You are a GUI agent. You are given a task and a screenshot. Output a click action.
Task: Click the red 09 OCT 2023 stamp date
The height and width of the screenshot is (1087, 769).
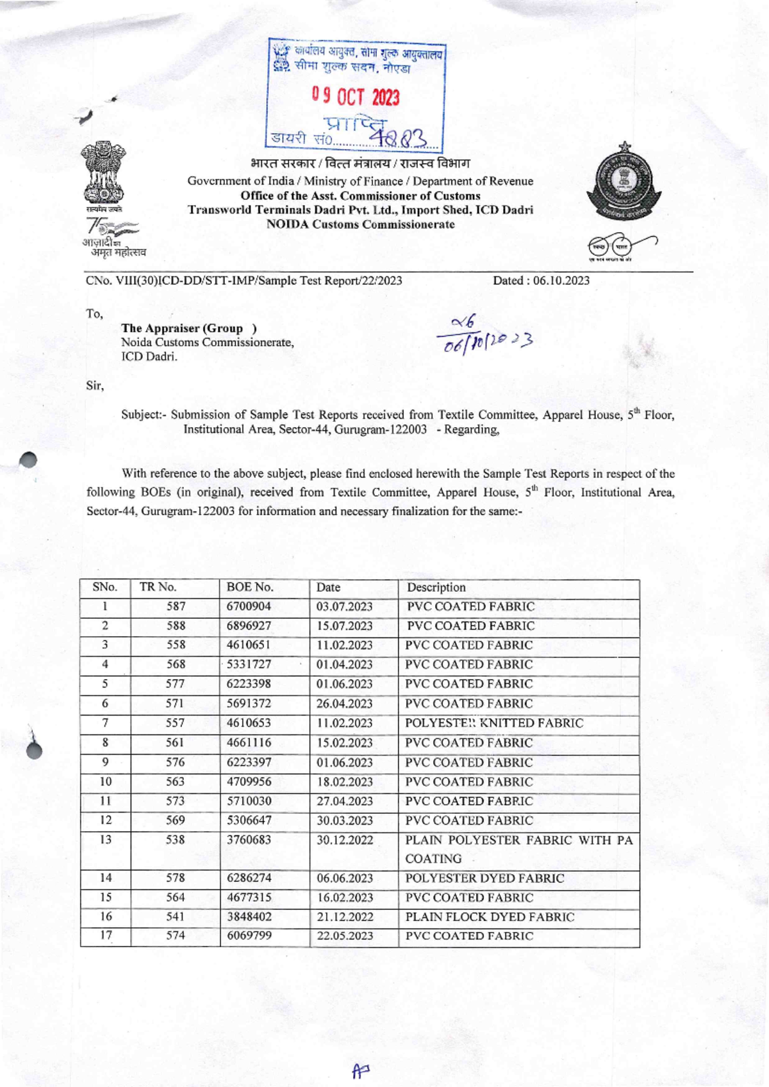click(x=356, y=97)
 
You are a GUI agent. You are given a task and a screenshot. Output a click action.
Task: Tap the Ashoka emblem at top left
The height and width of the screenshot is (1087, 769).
click(x=103, y=174)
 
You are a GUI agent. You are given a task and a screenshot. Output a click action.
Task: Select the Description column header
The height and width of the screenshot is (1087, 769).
click(x=436, y=587)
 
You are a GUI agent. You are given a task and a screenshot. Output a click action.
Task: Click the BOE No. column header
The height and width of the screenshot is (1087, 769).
click(x=250, y=587)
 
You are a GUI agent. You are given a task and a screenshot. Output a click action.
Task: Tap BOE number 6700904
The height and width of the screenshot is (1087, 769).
click(x=249, y=607)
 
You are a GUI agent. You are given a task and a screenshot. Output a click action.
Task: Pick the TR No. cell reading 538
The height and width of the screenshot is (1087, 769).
click(x=175, y=840)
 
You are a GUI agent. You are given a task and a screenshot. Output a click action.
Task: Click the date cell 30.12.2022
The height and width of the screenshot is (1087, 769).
click(x=345, y=840)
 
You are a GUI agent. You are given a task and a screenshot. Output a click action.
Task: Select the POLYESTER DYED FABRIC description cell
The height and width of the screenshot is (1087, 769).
click(x=484, y=879)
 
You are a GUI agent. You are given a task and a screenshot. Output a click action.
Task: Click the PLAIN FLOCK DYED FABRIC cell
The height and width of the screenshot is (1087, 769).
click(x=490, y=917)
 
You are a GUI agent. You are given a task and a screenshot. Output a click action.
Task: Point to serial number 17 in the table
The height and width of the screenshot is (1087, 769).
click(x=106, y=936)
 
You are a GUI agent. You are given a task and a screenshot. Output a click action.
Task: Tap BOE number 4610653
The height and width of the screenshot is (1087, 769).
click(x=249, y=723)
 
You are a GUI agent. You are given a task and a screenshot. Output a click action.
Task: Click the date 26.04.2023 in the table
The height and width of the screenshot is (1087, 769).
click(x=344, y=704)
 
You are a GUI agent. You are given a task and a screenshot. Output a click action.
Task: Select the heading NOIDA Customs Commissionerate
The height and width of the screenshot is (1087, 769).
click(x=360, y=224)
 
